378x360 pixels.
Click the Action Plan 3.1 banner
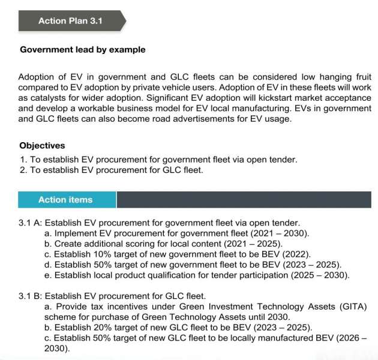(x=70, y=21)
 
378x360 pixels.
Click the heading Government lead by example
(x=82, y=50)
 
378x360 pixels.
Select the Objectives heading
(x=42, y=146)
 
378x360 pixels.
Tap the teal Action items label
(x=65, y=200)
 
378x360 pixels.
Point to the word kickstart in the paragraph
(x=267, y=98)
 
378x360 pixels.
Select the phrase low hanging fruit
(x=335, y=77)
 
